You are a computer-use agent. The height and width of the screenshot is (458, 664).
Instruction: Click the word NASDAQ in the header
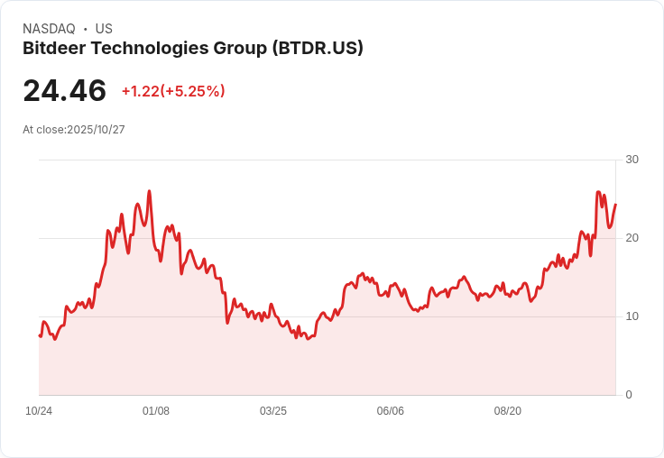tap(49, 29)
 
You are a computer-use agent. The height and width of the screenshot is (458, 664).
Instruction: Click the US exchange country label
tap(104, 29)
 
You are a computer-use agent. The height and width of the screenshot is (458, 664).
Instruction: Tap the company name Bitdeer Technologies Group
tap(144, 48)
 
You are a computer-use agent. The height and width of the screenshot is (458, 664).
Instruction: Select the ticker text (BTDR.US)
tap(318, 48)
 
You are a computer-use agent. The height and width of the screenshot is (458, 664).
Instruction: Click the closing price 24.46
tap(64, 90)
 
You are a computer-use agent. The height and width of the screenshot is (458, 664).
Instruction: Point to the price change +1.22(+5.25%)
tap(173, 91)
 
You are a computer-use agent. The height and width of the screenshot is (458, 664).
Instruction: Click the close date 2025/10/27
tap(96, 130)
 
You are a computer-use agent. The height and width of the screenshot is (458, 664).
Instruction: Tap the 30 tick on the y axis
tap(632, 160)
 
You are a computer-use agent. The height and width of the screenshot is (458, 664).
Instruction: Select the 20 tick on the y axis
tap(632, 238)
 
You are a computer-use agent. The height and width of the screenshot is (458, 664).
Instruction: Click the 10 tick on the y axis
tap(632, 316)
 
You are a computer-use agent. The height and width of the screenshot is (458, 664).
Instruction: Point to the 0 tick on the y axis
tap(629, 395)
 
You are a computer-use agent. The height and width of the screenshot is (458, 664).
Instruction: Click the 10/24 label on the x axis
tap(39, 411)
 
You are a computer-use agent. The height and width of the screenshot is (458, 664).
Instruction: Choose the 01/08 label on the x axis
tap(156, 411)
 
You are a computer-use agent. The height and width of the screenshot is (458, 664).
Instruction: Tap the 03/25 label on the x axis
tap(273, 411)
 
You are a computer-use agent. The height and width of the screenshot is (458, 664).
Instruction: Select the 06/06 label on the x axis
tap(391, 411)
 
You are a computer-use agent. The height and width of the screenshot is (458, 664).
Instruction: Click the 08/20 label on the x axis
tap(508, 411)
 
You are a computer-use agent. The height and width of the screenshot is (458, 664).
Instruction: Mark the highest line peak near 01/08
tap(149, 191)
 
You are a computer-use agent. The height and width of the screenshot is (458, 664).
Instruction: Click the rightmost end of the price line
tap(615, 205)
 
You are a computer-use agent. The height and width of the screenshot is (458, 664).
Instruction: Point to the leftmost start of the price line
tap(40, 336)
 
